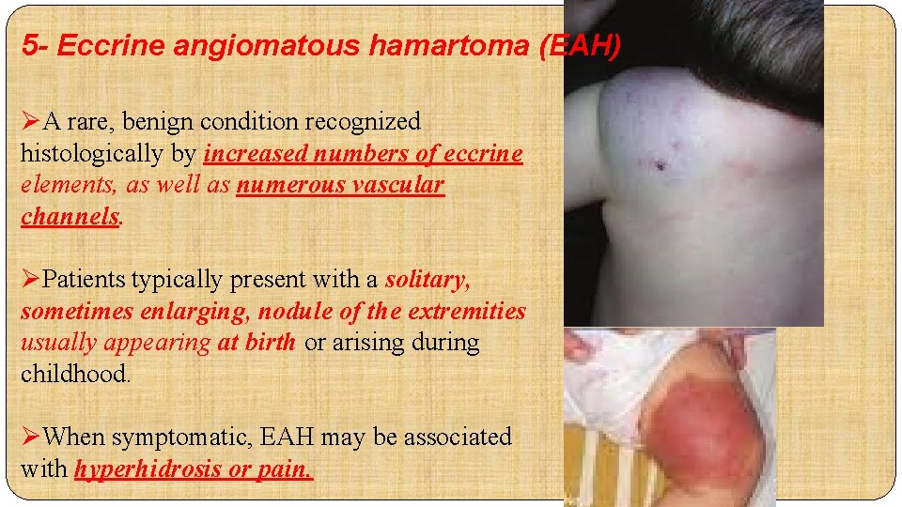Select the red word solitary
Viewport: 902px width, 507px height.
pos(428,279)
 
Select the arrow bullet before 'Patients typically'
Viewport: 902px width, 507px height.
pos(31,280)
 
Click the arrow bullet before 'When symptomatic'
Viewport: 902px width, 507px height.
pos(31,437)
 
